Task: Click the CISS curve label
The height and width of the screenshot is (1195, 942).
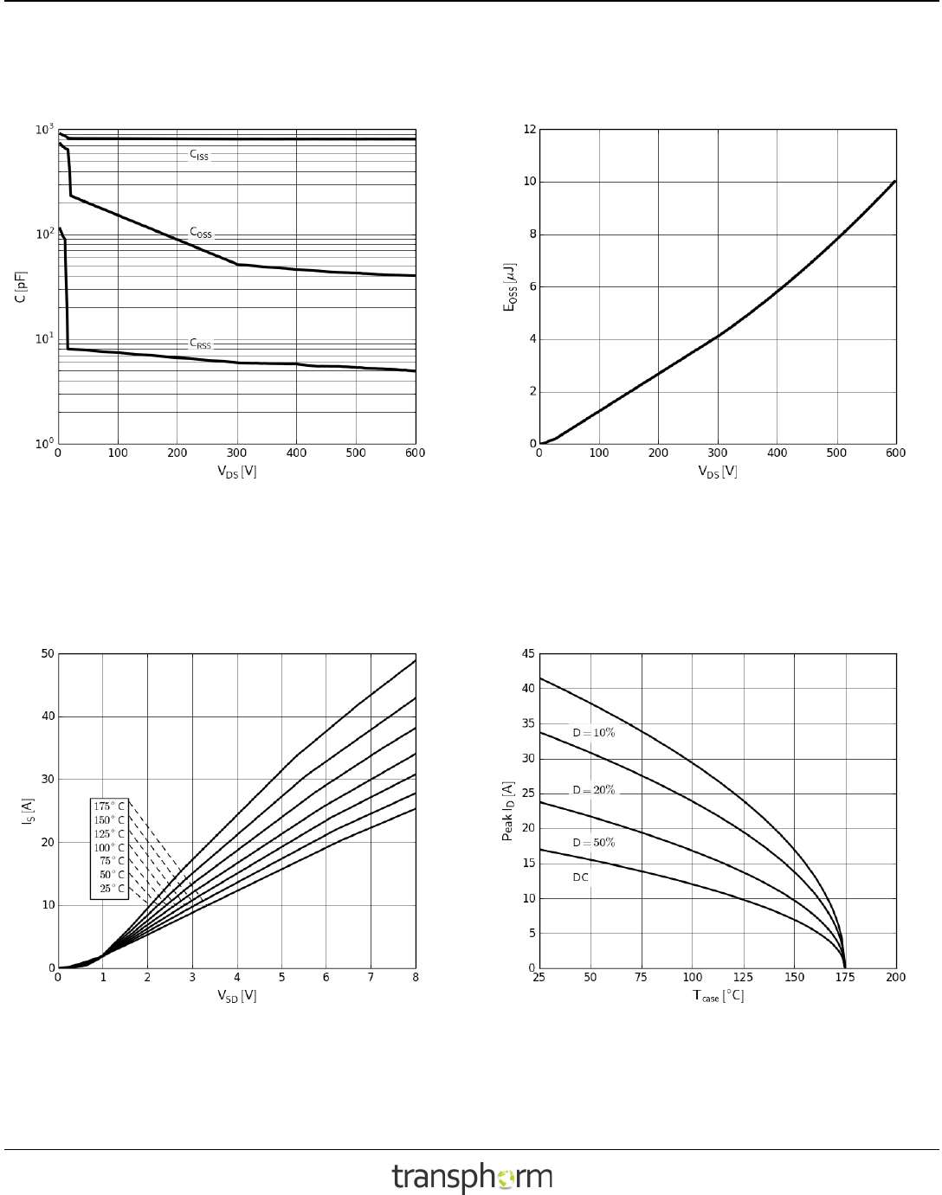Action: (199, 156)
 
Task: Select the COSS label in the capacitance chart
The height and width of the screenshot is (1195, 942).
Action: (201, 234)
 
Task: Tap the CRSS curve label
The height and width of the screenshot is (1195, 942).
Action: (200, 344)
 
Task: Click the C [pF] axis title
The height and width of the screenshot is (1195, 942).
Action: (20, 286)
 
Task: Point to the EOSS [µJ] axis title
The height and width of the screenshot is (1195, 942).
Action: (510, 286)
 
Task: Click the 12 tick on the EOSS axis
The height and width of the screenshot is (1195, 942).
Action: (530, 130)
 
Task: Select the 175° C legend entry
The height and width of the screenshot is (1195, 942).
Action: (109, 806)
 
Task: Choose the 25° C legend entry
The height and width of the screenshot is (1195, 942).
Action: (112, 889)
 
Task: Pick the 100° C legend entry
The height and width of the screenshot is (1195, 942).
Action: (109, 847)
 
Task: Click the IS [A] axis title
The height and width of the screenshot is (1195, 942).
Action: (27, 811)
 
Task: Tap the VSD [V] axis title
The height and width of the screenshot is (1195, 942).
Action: (236, 996)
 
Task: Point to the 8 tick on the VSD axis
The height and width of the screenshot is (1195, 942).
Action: (416, 978)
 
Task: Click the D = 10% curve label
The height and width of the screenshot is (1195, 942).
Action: (593, 733)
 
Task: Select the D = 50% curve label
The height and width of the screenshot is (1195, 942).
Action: (593, 843)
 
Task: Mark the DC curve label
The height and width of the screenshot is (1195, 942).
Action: (580, 877)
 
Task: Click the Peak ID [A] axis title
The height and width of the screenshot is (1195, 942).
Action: (509, 811)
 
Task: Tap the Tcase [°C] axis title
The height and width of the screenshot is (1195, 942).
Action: (718, 996)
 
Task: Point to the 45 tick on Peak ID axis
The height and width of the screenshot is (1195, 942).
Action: (528, 654)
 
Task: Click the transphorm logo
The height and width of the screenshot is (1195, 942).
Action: (472, 1177)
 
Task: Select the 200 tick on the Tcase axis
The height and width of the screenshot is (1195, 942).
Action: (895, 978)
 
